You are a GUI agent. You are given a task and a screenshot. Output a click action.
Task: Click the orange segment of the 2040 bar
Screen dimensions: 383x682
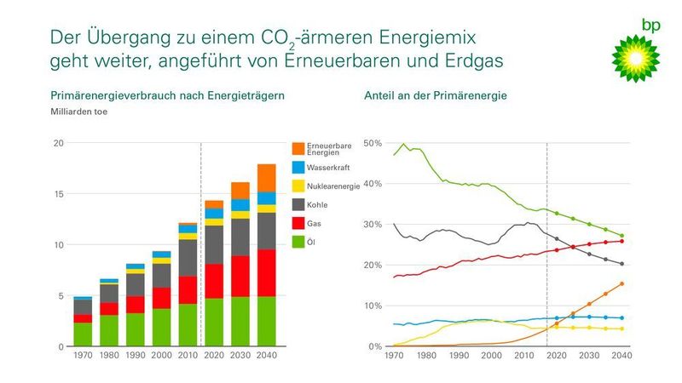tap(266, 177)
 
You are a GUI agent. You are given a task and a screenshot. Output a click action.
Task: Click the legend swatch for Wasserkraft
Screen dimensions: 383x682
tap(298, 168)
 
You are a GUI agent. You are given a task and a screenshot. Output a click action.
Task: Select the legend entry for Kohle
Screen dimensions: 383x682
tap(321, 205)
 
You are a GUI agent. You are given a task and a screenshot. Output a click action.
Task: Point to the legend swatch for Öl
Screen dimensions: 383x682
tap(298, 243)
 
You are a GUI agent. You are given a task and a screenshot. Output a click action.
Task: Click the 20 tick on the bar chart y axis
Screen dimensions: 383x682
tap(58, 143)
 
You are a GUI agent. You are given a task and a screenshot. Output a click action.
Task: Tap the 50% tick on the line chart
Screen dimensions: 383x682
tap(373, 143)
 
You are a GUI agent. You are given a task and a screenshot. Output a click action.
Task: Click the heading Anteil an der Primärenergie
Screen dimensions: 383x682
tap(436, 95)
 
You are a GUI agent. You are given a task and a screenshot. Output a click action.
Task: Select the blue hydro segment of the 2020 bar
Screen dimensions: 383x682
tap(213, 214)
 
